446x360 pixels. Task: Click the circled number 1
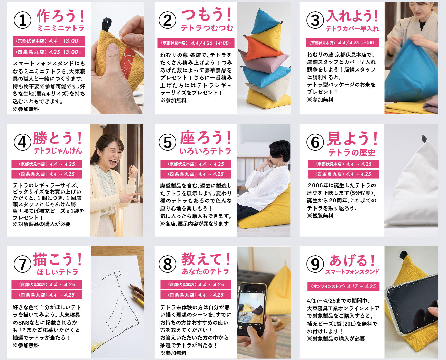click(22, 21)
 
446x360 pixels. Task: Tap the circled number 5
click(168, 142)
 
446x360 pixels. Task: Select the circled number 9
click(315, 264)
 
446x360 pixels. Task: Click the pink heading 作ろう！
click(61, 16)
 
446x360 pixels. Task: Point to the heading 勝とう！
click(58, 138)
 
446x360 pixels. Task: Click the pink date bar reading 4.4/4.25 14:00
click(196, 43)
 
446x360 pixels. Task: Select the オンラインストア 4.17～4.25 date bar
click(343, 286)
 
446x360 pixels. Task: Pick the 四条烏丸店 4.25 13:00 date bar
click(49, 52)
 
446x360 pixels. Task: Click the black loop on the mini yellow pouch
click(107, 25)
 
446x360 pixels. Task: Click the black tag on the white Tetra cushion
click(424, 138)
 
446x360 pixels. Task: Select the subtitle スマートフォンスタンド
click(352, 272)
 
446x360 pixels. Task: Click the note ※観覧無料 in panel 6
click(320, 216)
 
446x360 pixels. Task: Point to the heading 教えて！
click(206, 259)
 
